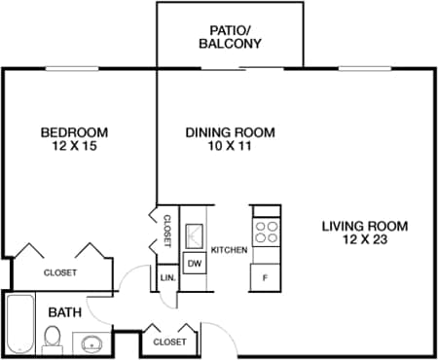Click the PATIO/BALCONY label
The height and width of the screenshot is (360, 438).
point(230,36)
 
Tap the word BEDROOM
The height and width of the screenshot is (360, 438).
point(74,132)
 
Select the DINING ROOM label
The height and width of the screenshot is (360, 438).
point(230,132)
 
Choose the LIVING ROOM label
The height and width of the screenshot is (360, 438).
point(365,226)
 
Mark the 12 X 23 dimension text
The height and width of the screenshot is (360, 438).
point(365,239)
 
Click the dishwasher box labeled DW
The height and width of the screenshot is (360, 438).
point(194,263)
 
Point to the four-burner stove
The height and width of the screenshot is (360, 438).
point(266,232)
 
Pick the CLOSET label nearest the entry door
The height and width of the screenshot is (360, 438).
point(169,342)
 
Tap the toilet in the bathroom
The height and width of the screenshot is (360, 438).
point(55,338)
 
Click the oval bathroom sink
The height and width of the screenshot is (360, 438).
point(92,342)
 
